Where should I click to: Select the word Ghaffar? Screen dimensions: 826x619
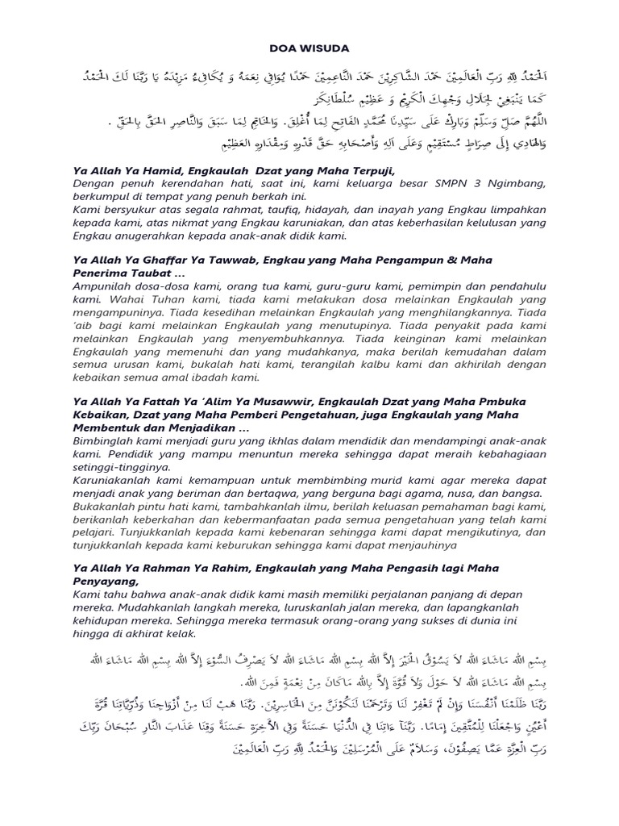(x=154, y=261)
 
